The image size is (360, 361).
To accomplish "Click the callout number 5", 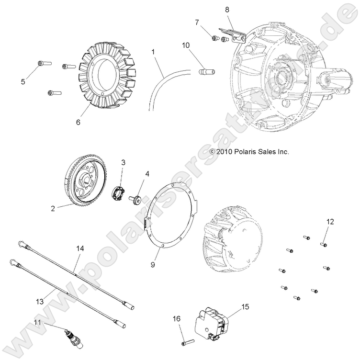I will coord(22,82).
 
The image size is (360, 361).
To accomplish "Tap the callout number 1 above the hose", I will coord(153,51).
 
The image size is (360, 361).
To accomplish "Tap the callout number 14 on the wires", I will coord(80,248).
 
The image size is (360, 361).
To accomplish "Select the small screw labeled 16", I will coord(186,342).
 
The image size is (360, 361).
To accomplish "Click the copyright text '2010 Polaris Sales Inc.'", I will coord(249,151).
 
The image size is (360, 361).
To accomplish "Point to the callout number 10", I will coord(185,45).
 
